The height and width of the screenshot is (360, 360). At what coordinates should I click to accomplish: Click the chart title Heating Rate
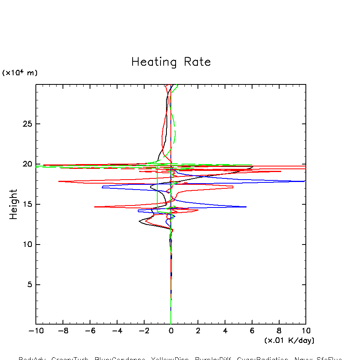point(171,62)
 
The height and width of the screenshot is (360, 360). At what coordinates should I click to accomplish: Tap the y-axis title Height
point(14,204)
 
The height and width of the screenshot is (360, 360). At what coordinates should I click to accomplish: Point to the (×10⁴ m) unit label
point(20,73)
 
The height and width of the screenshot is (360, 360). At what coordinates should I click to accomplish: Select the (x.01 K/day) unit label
point(289,340)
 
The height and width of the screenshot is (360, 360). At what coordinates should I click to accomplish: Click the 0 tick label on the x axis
point(171,331)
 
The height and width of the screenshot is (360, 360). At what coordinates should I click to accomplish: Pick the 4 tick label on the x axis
point(225,331)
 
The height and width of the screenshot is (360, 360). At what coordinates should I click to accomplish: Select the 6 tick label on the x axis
point(252,331)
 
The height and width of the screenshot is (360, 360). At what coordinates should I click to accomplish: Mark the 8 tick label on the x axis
point(279,331)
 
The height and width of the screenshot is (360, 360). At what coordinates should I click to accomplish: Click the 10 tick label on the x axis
point(306,331)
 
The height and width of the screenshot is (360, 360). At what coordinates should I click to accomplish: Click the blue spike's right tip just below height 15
point(246,207)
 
